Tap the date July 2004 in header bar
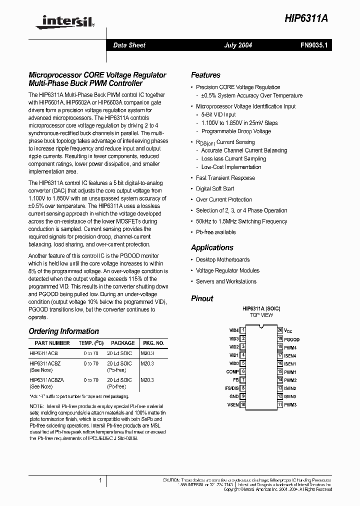coord(238,45)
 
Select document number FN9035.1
coord(313,45)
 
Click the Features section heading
coord(205,75)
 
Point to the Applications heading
coord(212,248)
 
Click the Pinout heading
coord(202,299)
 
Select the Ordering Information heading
coord(63,331)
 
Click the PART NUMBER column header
coord(49,343)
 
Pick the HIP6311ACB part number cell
coord(43,353)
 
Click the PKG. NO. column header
coord(153,343)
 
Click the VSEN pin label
coord(233,404)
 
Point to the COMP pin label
coord(232,372)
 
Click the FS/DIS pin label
coord(231,388)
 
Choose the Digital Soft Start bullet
coord(215,189)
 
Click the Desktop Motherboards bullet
coord(222,260)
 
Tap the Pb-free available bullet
coord(215,232)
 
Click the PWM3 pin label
coord(290,404)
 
